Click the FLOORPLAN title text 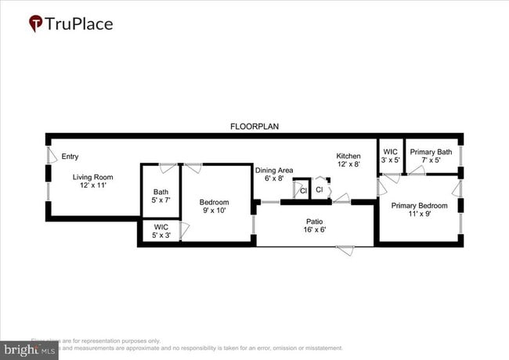(254, 126)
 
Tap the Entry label (70, 157)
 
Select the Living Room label (93, 177)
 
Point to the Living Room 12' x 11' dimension (93, 185)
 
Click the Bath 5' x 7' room (161, 196)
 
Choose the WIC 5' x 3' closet (161, 231)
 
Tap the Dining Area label (274, 170)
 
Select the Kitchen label (348, 156)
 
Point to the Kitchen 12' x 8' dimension (348, 164)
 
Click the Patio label (315, 221)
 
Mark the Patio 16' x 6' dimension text (315, 230)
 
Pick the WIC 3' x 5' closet (390, 156)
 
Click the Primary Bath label (431, 152)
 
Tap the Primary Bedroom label (419, 205)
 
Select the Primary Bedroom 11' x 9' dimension (419, 214)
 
